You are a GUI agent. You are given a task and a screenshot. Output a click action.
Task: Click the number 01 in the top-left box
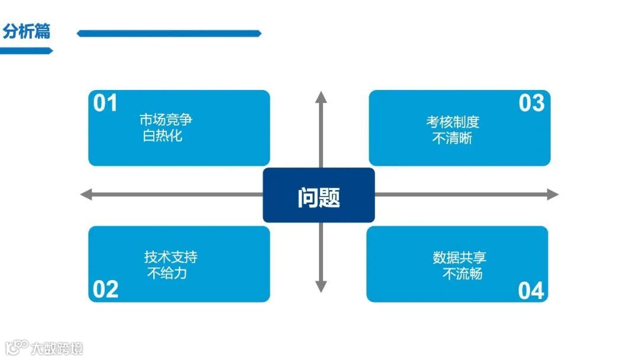[106, 104]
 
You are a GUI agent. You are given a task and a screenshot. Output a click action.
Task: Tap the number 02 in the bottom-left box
[106, 290]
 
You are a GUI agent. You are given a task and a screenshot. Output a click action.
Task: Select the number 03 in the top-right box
[531, 104]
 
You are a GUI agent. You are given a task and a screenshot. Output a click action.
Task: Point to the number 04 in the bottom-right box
[531, 291]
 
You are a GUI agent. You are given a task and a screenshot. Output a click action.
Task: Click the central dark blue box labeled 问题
[319, 195]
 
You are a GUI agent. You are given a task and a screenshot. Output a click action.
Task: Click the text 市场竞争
[166, 120]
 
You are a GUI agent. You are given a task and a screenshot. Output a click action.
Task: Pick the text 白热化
[163, 136]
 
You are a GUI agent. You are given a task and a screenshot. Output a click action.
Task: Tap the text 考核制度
[453, 123]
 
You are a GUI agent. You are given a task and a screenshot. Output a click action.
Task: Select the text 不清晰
[453, 139]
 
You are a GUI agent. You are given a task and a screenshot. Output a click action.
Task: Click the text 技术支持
[171, 257]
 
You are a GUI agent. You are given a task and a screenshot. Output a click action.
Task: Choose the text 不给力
[167, 273]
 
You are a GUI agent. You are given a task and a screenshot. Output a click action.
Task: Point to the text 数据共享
[460, 258]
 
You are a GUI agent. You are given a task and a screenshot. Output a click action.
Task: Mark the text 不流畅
[463, 274]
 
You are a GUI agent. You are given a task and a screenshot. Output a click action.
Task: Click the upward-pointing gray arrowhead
[321, 97]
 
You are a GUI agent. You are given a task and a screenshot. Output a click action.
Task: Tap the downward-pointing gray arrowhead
[321, 287]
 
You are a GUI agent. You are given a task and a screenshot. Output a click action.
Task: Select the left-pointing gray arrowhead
[86, 194]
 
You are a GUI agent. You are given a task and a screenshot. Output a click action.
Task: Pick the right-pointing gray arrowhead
[553, 194]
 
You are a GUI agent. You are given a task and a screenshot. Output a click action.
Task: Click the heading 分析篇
[27, 32]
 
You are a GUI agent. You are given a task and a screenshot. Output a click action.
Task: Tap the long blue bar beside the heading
[169, 34]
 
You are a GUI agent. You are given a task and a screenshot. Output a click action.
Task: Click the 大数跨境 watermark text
[57, 348]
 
